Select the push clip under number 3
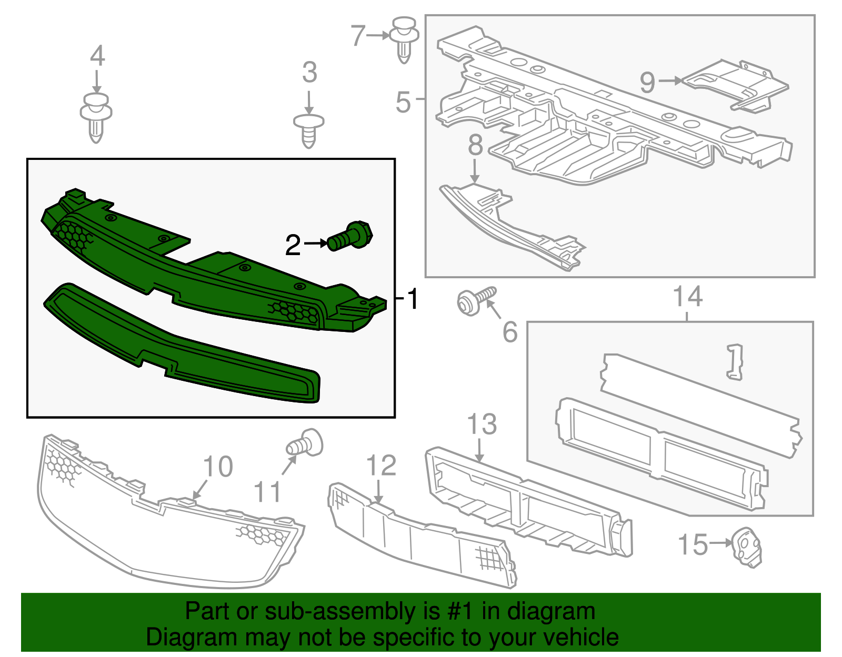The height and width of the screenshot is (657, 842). pyautogui.click(x=309, y=130)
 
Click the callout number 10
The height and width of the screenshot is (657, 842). pyautogui.click(x=218, y=467)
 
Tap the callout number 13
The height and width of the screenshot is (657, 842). pyautogui.click(x=482, y=424)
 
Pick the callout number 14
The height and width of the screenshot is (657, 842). pyautogui.click(x=688, y=297)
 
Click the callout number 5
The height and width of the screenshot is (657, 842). pyautogui.click(x=403, y=102)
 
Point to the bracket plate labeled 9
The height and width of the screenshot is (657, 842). pyautogui.click(x=737, y=84)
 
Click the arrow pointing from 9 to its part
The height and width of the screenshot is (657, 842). pyautogui.click(x=669, y=81)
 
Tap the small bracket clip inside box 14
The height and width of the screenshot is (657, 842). pyautogui.click(x=735, y=361)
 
